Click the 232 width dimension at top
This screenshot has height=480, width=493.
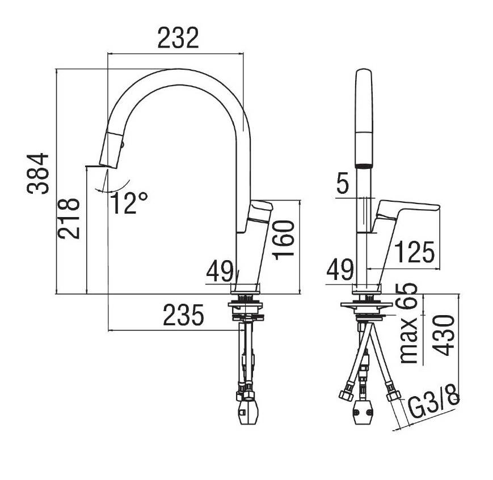click(178, 38)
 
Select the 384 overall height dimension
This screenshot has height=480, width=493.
click(38, 173)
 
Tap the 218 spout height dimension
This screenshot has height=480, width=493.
click(68, 219)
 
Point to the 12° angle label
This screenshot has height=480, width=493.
click(129, 203)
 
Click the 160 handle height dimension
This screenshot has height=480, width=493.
click(284, 240)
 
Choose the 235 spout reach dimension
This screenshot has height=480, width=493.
click(184, 315)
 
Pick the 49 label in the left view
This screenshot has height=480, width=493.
click(220, 271)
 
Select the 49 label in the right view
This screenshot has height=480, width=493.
click(340, 270)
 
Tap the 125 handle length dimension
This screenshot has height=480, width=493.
click(414, 252)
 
